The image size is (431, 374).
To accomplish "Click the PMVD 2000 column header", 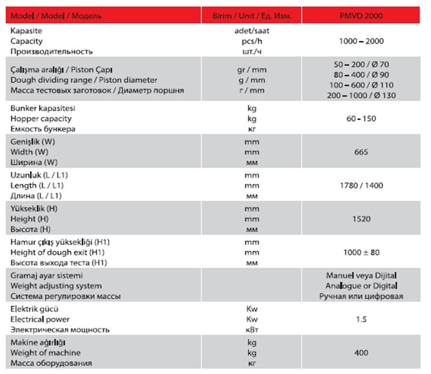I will click(361, 16).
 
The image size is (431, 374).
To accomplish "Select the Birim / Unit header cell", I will click(252, 16).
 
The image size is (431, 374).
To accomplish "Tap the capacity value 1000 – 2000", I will click(361, 41).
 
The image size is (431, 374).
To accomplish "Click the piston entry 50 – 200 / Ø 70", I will click(361, 64).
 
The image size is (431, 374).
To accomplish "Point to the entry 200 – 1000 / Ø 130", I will click(361, 95).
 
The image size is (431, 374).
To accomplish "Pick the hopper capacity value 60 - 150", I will click(361, 119).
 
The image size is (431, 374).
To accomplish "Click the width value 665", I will click(361, 152).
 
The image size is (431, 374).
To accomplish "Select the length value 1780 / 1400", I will click(361, 185).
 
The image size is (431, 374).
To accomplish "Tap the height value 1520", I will click(361, 219).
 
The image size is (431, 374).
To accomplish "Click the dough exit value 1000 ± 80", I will click(361, 252).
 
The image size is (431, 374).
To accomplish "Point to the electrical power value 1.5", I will click(361, 320).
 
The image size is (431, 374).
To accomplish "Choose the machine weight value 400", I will click(361, 353).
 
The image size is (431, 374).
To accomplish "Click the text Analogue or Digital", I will click(361, 286).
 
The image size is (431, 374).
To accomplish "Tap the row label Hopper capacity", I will click(41, 119).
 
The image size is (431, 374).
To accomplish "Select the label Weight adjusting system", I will click(56, 286).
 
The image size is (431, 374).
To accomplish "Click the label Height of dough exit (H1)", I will click(57, 252).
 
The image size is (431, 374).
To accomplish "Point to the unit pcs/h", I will click(252, 41).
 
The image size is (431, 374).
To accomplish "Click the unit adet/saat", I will click(252, 31).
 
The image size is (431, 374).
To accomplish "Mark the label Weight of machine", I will click(45, 353).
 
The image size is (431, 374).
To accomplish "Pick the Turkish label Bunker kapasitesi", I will click(43, 108).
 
